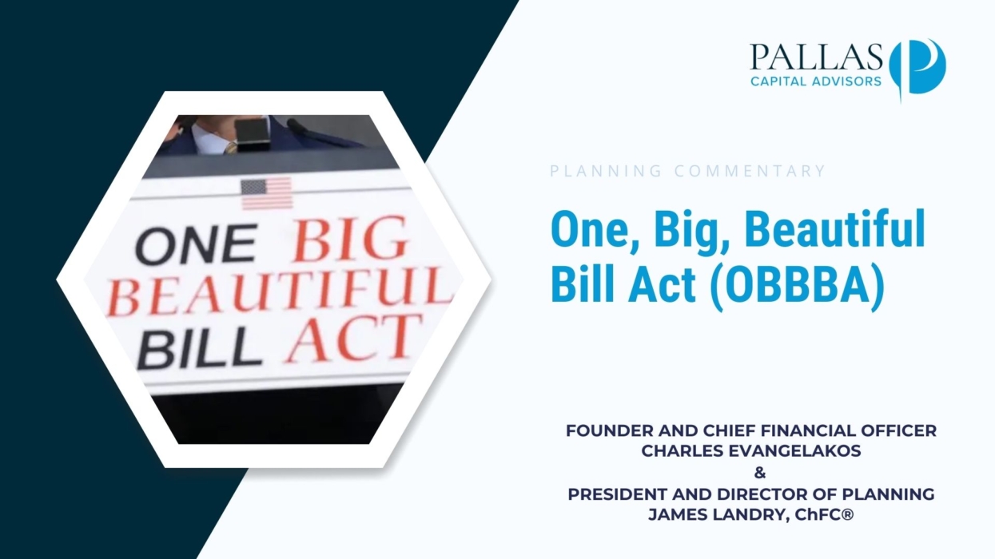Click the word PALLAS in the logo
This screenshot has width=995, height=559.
pyautogui.click(x=817, y=57)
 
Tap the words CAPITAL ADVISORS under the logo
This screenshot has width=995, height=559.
pyautogui.click(x=816, y=81)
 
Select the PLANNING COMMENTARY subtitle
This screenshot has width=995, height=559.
pyautogui.click(x=687, y=171)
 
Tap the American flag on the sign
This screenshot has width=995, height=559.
pyautogui.click(x=266, y=193)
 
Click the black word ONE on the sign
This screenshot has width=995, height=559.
pyautogui.click(x=197, y=244)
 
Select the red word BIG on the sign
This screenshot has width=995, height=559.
pyautogui.click(x=348, y=240)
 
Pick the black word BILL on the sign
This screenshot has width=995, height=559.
pyautogui.click(x=198, y=348)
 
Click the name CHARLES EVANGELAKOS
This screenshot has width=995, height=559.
pyautogui.click(x=751, y=451)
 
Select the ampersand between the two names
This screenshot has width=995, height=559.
pyautogui.click(x=760, y=473)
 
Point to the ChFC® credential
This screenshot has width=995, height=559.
pyautogui.click(x=825, y=515)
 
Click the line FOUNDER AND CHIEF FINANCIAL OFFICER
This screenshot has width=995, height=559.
pyautogui.click(x=751, y=430)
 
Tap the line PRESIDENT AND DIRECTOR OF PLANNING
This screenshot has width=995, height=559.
pyautogui.click(x=751, y=494)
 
